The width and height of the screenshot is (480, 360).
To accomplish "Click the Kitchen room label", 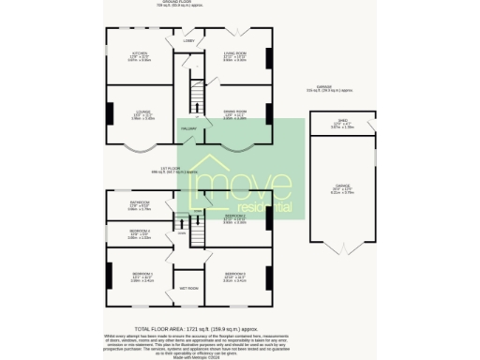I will pyautogui.click(x=140, y=54).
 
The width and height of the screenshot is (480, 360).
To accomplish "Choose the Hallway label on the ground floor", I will pyautogui.click(x=187, y=127).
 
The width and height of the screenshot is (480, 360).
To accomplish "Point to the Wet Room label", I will pyautogui.click(x=188, y=289).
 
